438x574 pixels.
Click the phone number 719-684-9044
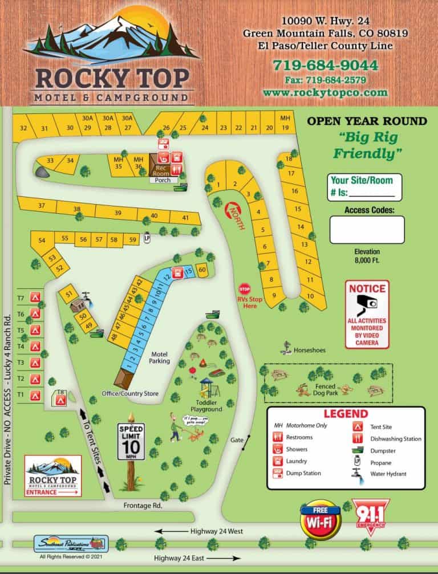pos(325,65)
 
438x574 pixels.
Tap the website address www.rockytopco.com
pos(325,92)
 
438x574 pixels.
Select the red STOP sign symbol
pos(245,288)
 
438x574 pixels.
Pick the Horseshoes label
pos(310,350)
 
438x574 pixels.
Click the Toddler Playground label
pos(206,405)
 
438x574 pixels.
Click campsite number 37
pos(41,205)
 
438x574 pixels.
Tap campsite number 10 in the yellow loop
pos(310,296)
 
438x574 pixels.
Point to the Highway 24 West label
pos(217,531)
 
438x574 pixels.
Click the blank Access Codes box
pos(367,230)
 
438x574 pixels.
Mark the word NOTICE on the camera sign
pos(367,288)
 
